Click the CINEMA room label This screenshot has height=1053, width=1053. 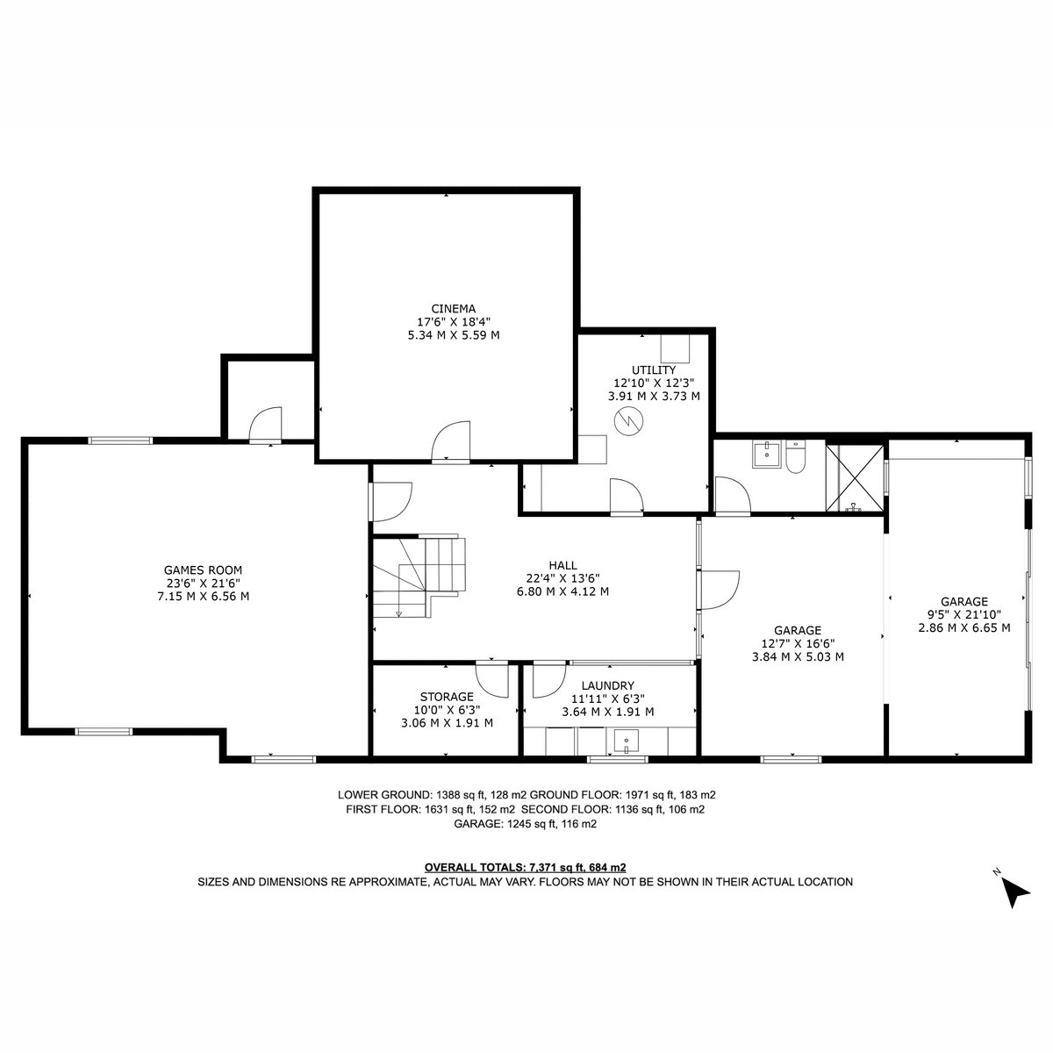pos(453,309)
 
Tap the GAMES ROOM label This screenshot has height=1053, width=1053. pos(204,570)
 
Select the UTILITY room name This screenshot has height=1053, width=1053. pos(654,370)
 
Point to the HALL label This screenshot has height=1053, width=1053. pos(562,565)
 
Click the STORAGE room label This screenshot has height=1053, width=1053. pos(447,697)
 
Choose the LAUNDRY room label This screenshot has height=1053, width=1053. pos(607,686)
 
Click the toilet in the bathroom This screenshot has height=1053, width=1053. pos(796,457)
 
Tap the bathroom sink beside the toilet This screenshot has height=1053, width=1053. pos(767,454)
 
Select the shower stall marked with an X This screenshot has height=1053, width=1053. pos(854,478)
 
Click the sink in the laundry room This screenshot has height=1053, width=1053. pos(627,741)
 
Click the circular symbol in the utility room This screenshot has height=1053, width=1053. pos(629,421)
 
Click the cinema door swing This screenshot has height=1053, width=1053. pos(450,441)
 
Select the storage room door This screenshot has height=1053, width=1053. pos(492,679)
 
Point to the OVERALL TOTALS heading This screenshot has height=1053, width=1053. pos(475,867)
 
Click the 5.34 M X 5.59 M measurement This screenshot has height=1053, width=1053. pos(453,335)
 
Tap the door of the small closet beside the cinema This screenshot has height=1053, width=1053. pos(266,424)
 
